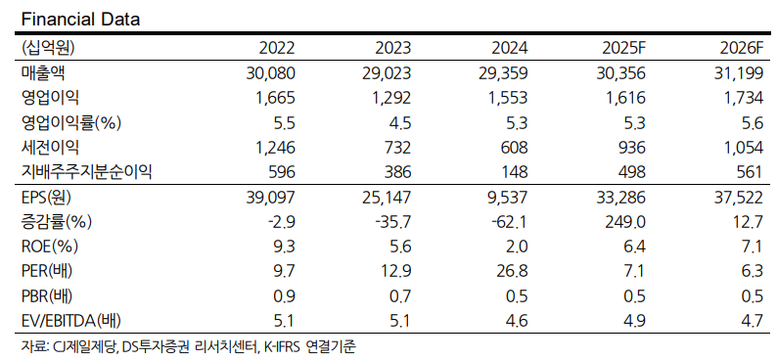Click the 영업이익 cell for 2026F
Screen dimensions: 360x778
tap(743, 97)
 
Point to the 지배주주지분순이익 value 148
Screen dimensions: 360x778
tap(516, 170)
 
